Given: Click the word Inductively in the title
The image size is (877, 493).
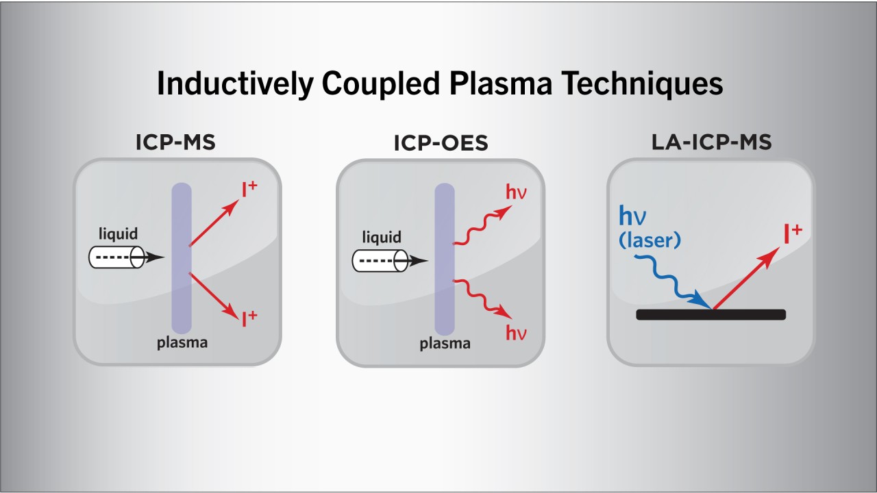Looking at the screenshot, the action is click(235, 84).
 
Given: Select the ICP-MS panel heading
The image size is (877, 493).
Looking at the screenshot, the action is click(175, 142).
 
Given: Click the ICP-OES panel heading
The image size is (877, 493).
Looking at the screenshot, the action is click(441, 143).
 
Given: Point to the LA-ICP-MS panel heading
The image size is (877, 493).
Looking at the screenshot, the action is click(711, 142).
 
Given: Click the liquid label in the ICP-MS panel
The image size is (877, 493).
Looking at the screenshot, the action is click(119, 233).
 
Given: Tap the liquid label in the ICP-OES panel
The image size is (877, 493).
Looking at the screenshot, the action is click(382, 237).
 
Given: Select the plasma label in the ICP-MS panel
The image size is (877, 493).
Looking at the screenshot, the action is click(182, 343).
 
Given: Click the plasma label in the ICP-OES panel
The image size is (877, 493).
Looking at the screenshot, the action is click(445, 344).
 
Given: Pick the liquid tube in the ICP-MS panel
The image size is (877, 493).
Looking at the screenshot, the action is click(116, 257).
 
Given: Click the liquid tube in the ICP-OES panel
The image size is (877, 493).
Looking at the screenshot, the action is click(380, 261).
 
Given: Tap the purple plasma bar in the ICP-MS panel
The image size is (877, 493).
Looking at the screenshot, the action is click(182, 258).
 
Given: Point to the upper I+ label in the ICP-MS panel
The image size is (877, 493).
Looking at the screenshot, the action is click(249, 189).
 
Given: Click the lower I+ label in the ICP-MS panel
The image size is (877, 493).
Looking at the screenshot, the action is click(249, 318).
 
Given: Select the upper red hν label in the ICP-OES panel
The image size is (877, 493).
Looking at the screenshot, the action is click(517, 192).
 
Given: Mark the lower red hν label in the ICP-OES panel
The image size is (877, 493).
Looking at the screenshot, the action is click(517, 333).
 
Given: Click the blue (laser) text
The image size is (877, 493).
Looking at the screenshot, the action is click(650, 240).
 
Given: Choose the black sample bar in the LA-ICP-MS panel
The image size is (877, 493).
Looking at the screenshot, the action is click(711, 314).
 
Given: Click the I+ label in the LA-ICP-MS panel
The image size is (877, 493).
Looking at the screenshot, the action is click(793, 233).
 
